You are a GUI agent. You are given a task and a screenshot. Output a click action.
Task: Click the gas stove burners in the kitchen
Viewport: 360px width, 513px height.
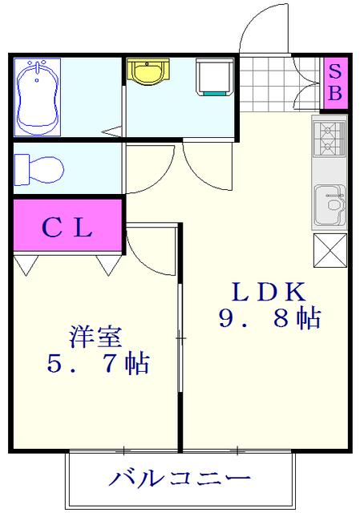[x=329, y=139]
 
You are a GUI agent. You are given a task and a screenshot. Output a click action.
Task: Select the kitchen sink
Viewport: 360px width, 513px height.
[x=329, y=204]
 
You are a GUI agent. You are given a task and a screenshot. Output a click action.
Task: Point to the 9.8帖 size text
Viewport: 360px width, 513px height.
[x=269, y=319]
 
